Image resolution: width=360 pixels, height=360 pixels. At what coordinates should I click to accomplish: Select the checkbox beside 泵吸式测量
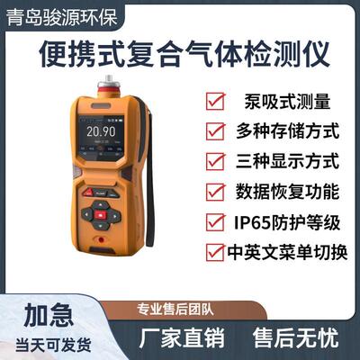[x=215, y=101]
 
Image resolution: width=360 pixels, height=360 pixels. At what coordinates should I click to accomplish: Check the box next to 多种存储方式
[x=215, y=131]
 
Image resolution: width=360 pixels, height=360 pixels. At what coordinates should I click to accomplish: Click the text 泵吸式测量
[x=281, y=101]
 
